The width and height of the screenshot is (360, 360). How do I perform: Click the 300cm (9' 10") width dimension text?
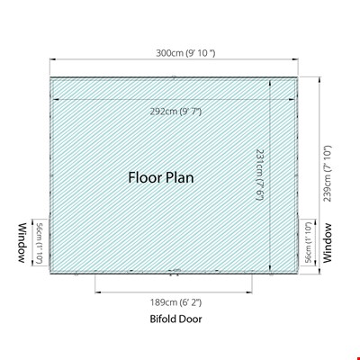(185, 53)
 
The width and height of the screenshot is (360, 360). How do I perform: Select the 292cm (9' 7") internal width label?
(175, 112)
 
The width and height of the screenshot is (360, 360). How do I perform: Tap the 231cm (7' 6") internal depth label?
(259, 175)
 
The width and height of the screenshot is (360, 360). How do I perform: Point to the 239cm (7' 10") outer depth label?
(327, 174)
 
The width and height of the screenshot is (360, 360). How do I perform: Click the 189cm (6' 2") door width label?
(176, 302)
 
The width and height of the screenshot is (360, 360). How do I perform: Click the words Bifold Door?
(175, 319)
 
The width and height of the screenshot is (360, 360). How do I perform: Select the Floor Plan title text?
(161, 177)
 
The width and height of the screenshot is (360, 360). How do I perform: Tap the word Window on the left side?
(22, 243)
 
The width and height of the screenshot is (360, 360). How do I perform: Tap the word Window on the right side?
(328, 243)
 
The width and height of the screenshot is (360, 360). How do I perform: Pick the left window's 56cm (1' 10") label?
(39, 243)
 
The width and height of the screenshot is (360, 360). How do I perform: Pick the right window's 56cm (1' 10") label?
(310, 242)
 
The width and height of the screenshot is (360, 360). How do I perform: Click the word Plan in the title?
(180, 177)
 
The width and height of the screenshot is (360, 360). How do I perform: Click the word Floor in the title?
(145, 177)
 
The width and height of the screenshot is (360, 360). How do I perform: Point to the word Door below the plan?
(191, 319)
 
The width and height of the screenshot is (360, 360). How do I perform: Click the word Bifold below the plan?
(163, 319)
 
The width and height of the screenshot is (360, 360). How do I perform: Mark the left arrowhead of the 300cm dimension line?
(52, 59)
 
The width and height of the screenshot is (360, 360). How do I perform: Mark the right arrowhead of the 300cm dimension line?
(295, 59)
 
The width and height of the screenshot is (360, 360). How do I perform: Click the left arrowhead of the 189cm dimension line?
(97, 292)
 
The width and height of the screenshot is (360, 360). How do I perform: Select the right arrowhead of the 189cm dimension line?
(250, 292)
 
